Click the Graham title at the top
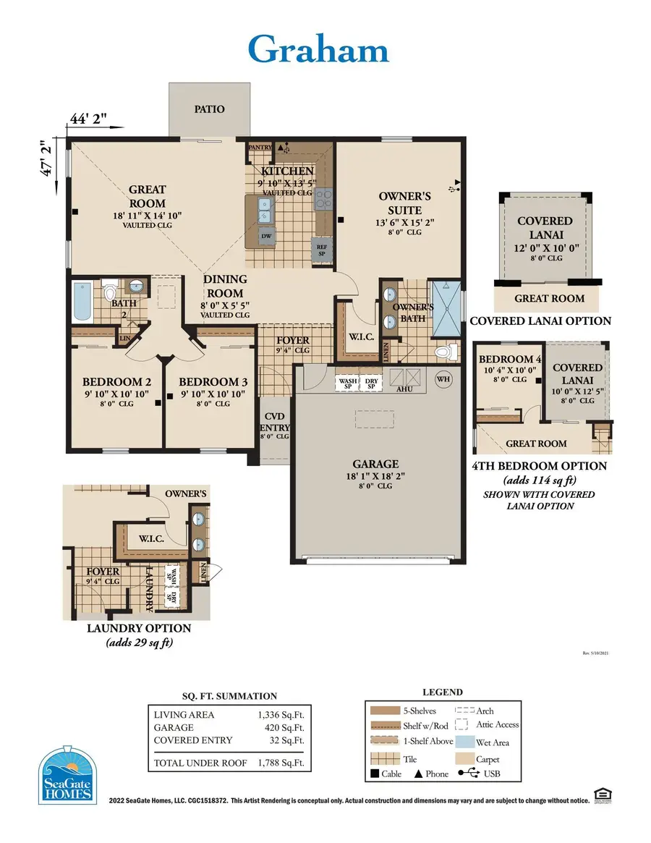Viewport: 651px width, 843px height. (x=318, y=49)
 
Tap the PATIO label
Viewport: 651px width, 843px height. (x=209, y=109)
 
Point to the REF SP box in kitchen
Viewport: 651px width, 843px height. (x=323, y=249)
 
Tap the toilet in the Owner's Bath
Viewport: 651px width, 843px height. (x=448, y=352)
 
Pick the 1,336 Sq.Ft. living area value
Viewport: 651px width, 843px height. (x=284, y=714)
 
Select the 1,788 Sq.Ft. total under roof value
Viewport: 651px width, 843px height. (x=284, y=763)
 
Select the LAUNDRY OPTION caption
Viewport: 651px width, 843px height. (x=139, y=628)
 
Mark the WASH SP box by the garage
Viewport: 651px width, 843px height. (x=348, y=383)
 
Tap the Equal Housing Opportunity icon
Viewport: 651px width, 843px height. (x=600, y=795)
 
